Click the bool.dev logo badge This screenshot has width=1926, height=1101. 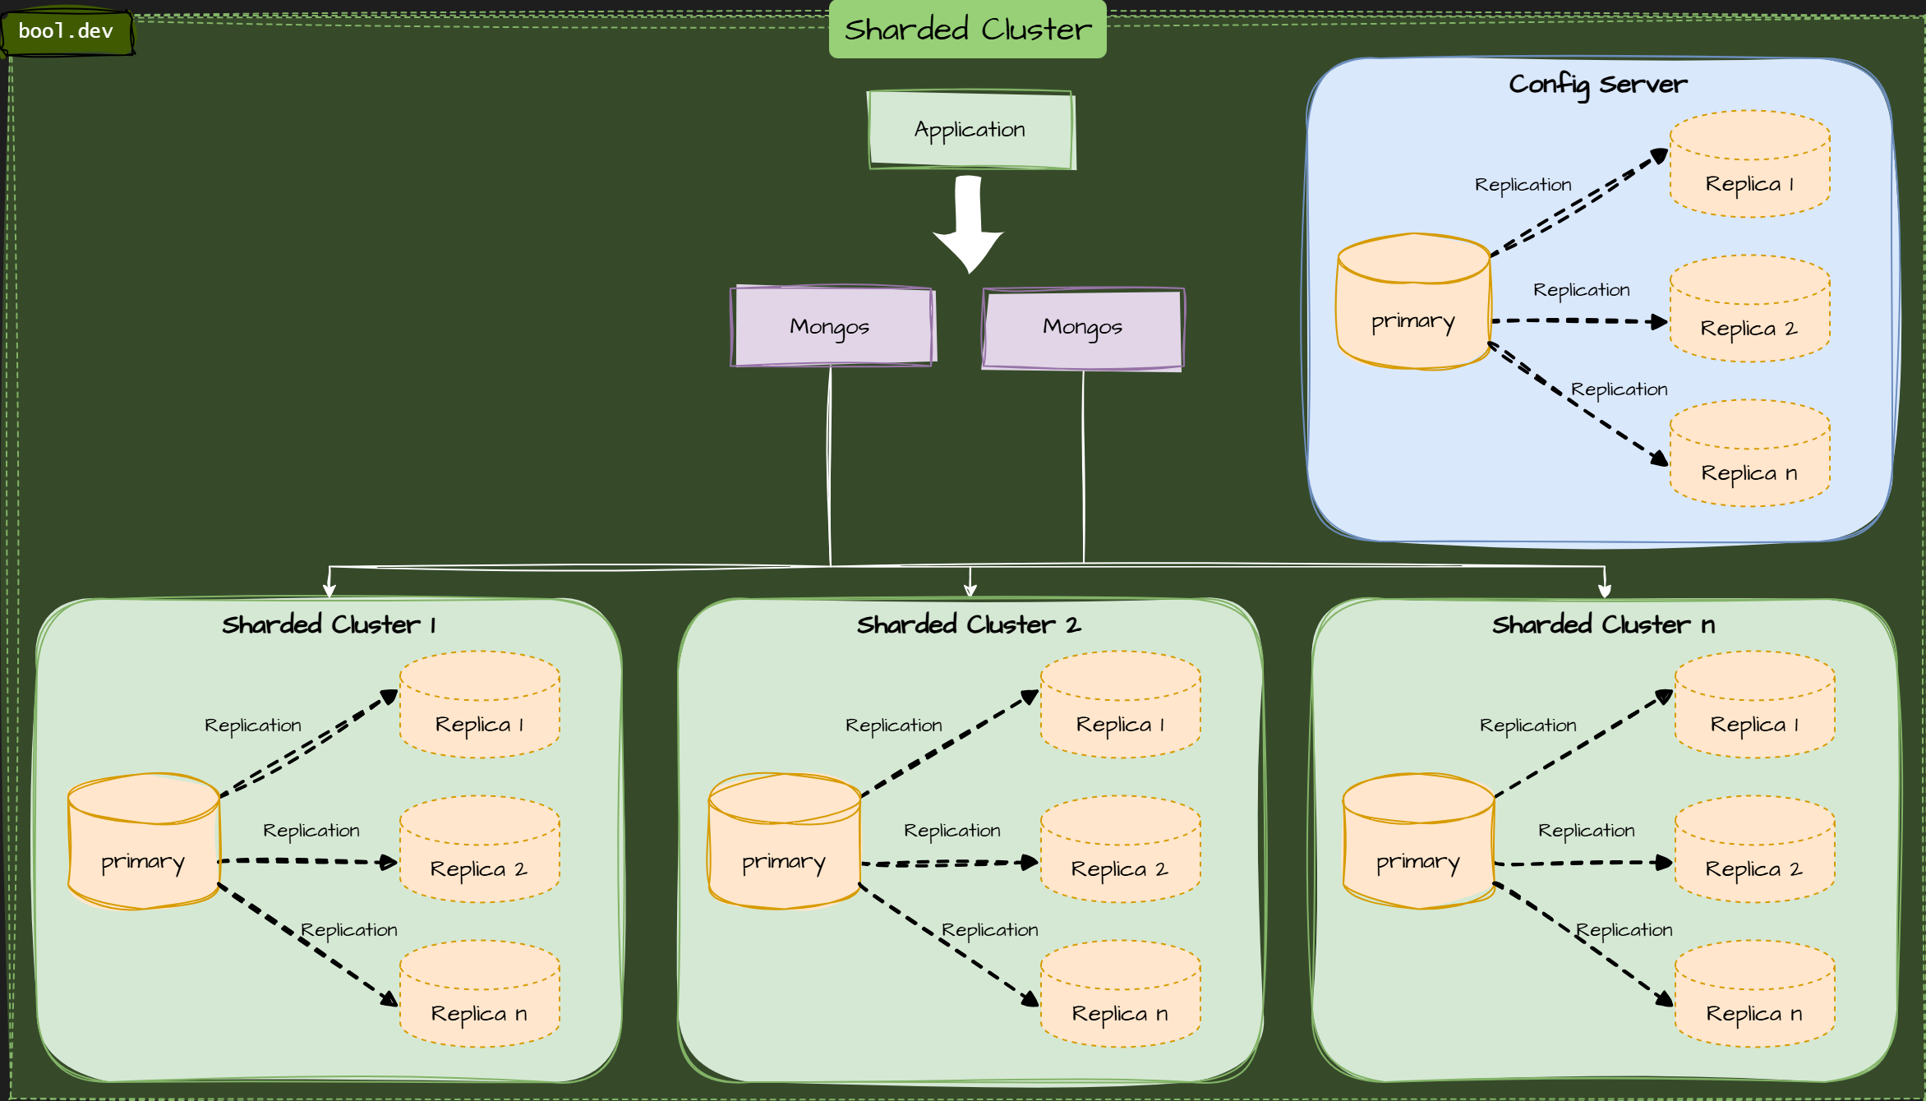pos(66,32)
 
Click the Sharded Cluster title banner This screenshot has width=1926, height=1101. pos(967,30)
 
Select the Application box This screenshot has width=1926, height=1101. pos(970,130)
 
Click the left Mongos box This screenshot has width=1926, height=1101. pos(832,326)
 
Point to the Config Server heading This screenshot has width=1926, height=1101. pos(1597,84)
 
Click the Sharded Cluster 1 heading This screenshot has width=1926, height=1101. pos(329,625)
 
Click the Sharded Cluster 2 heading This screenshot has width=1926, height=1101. pos(969,625)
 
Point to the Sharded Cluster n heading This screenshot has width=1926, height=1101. pos(1603,625)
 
